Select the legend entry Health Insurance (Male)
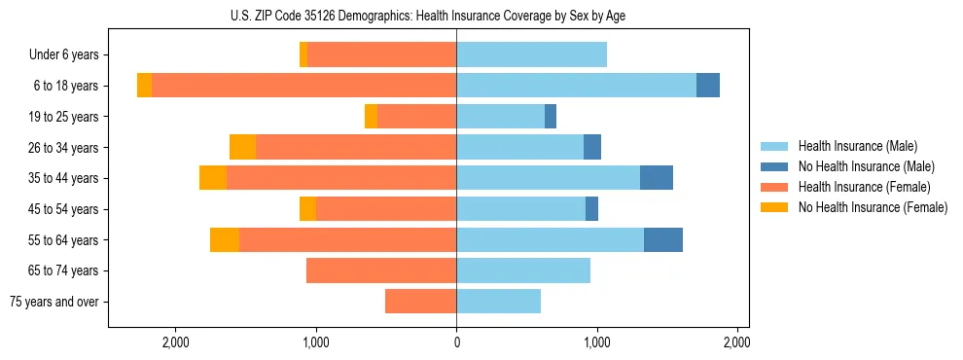click(857, 146)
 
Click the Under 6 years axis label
click(63, 55)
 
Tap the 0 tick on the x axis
click(456, 342)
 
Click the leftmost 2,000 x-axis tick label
click(176, 342)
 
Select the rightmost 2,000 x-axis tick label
click(736, 342)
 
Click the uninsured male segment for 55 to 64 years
click(663, 239)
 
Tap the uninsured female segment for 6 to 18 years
click(144, 86)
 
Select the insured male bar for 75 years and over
click(498, 302)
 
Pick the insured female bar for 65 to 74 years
click(381, 270)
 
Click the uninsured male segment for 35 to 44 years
click(657, 178)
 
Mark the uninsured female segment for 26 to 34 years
click(242, 147)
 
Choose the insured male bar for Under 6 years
click(531, 55)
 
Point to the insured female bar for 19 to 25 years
click(416, 117)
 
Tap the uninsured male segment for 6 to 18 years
click(708, 86)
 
